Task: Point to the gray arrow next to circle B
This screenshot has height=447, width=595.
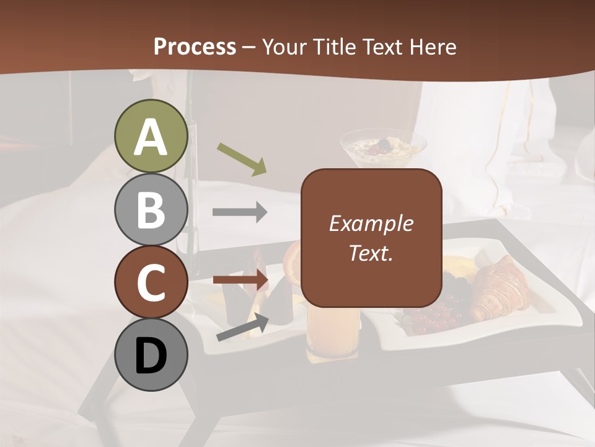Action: tap(240, 212)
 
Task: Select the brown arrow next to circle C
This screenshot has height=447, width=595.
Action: tap(240, 280)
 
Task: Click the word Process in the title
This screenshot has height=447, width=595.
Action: tap(195, 47)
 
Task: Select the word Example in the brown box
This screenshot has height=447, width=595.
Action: tap(371, 223)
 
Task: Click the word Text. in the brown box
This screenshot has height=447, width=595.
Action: tap(371, 253)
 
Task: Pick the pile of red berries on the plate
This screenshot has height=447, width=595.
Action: tap(437, 317)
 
